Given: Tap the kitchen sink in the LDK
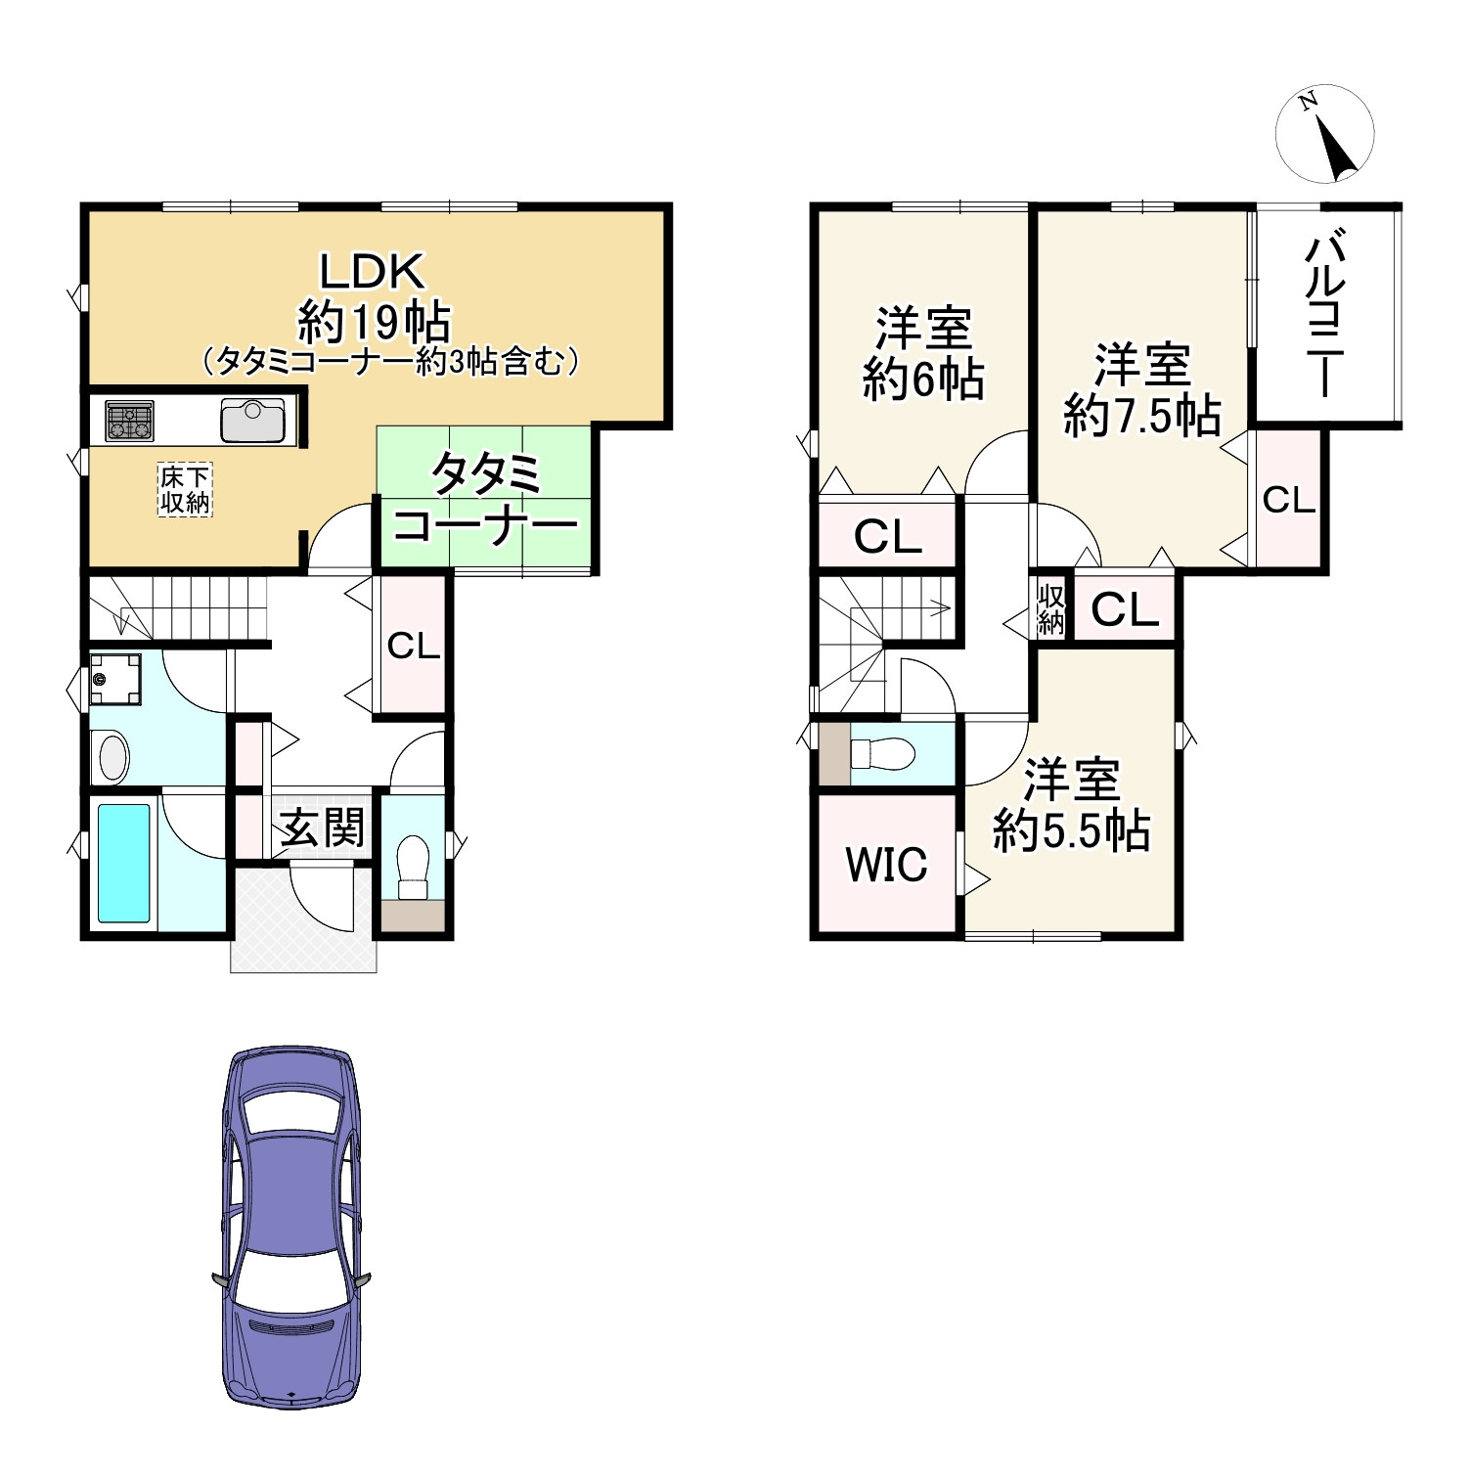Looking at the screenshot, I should click(252, 421).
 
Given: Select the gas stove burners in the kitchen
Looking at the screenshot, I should click(129, 422).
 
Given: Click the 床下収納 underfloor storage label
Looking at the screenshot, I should click(185, 490).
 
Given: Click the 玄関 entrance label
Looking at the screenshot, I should click(322, 828).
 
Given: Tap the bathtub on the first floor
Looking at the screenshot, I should click(124, 864).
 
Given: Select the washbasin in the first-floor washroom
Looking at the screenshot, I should click(113, 756).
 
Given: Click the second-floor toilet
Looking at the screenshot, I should click(882, 753).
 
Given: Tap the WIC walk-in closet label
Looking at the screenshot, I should click(886, 865).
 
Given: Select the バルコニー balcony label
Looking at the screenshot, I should click(1325, 313).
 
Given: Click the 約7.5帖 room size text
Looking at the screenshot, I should click(1141, 417).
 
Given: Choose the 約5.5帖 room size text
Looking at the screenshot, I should click(1071, 831).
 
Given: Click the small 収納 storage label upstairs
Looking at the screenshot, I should click(1051, 608).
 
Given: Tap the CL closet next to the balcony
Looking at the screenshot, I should click(1288, 500).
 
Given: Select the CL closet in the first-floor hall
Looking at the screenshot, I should click(413, 646).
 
